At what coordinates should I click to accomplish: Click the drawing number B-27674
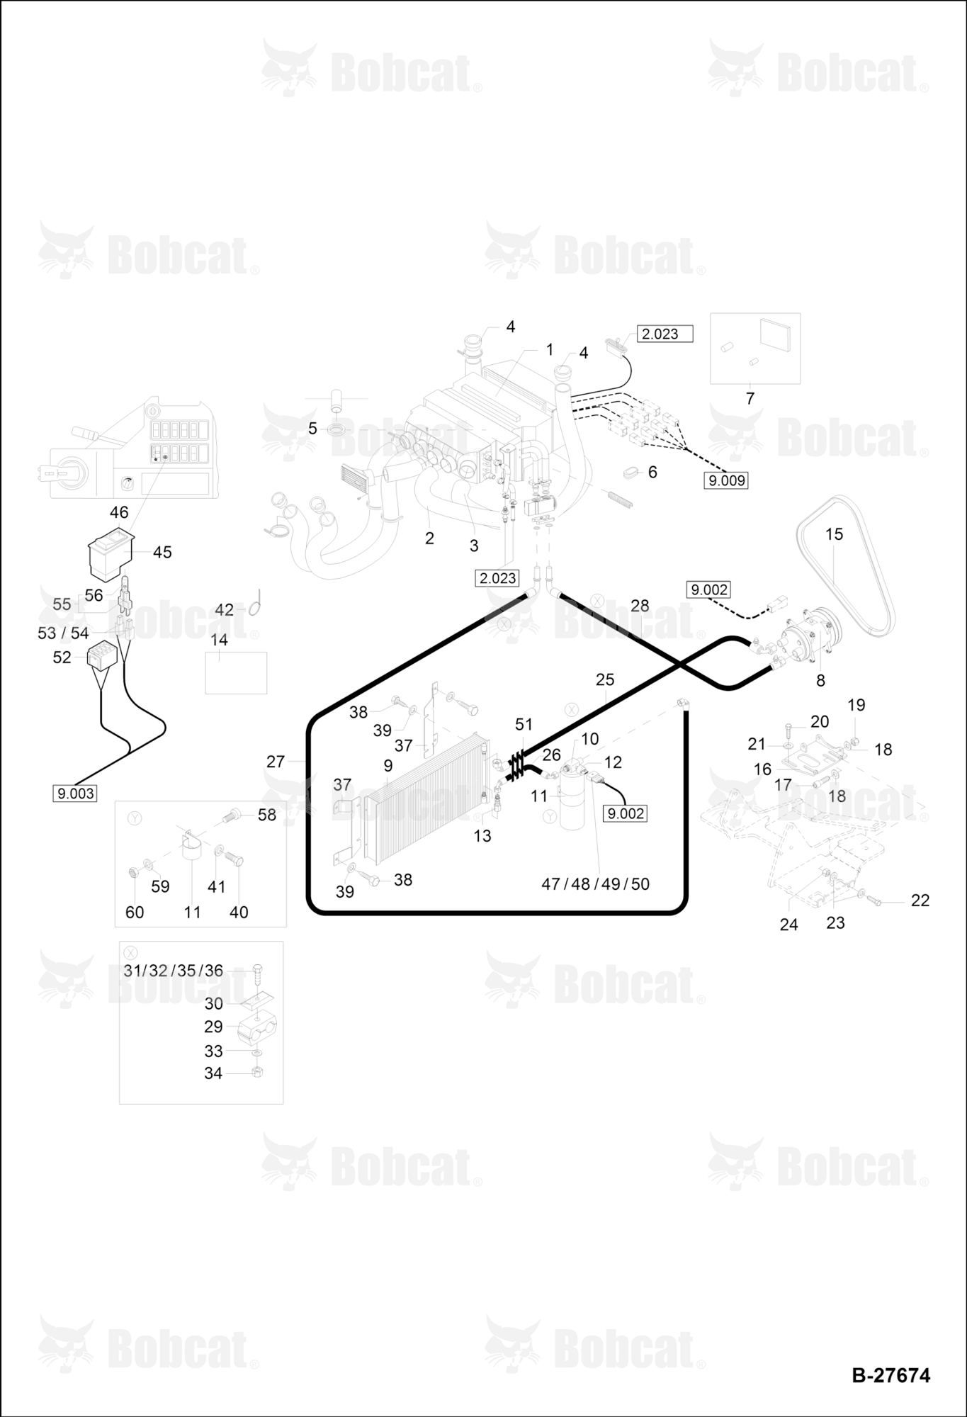coord(890,1375)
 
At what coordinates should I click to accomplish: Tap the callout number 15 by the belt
coord(834,534)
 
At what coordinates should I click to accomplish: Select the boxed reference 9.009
coord(727,480)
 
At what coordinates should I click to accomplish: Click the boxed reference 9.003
coord(75,794)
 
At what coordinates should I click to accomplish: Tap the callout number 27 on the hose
coord(276,762)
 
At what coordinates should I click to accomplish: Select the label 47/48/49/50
coord(595,883)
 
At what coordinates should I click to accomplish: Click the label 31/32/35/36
coord(174,971)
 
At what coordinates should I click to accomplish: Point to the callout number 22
coord(920,901)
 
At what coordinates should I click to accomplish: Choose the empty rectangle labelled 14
coord(236,672)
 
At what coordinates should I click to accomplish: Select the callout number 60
coord(135,913)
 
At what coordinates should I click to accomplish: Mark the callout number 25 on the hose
coord(605,679)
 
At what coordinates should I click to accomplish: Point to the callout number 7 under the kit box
coord(750,399)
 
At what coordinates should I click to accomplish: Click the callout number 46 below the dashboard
coord(119,512)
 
